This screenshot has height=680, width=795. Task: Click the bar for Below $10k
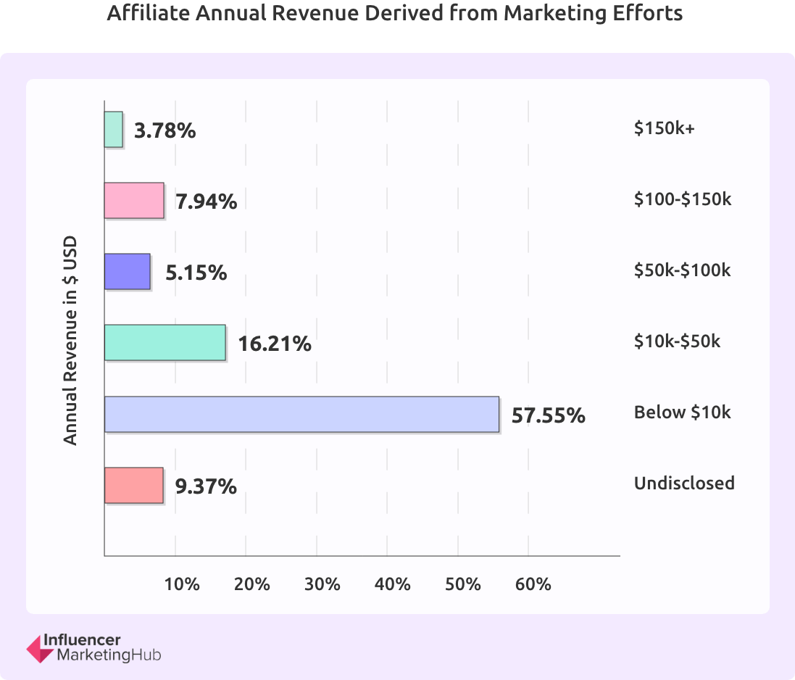coord(301,414)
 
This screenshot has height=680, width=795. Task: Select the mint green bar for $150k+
coord(114,130)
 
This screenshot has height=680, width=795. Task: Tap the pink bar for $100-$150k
coord(134,201)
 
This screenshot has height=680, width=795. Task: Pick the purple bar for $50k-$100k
coord(128,272)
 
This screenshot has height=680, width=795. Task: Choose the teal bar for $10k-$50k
coord(165,343)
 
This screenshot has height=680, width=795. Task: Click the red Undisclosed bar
coord(134,485)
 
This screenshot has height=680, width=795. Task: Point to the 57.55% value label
coord(548,415)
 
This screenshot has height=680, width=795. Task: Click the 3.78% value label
coord(165,131)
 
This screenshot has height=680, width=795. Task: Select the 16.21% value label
coord(275,344)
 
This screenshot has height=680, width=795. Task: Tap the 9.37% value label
coord(206,486)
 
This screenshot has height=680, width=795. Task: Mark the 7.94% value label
coord(207,202)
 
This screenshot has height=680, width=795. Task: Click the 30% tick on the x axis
coord(322,584)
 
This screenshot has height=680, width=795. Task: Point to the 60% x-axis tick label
coord(534,584)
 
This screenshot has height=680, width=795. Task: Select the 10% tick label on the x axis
coord(183,584)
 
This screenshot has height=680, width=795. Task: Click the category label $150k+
coord(664,128)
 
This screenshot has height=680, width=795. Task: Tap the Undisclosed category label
coord(684,483)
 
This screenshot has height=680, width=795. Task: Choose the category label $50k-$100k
coord(682,270)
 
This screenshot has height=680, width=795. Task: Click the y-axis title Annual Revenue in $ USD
coord(70,340)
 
